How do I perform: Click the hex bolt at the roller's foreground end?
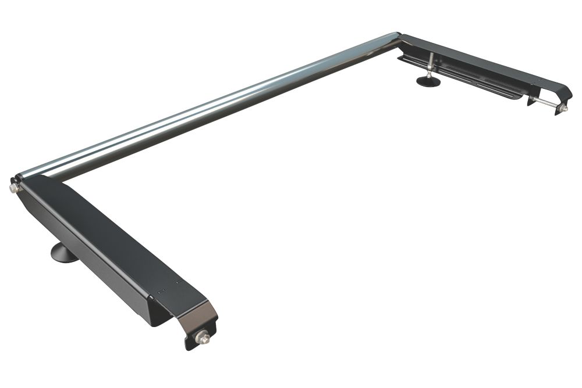[x=13, y=188]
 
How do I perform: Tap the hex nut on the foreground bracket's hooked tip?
[x=204, y=336]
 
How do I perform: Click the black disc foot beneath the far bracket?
[x=429, y=81]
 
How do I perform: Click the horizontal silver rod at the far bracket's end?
[x=547, y=103]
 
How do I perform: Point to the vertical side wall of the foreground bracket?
[x=87, y=256]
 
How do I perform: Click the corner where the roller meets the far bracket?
[x=398, y=38]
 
